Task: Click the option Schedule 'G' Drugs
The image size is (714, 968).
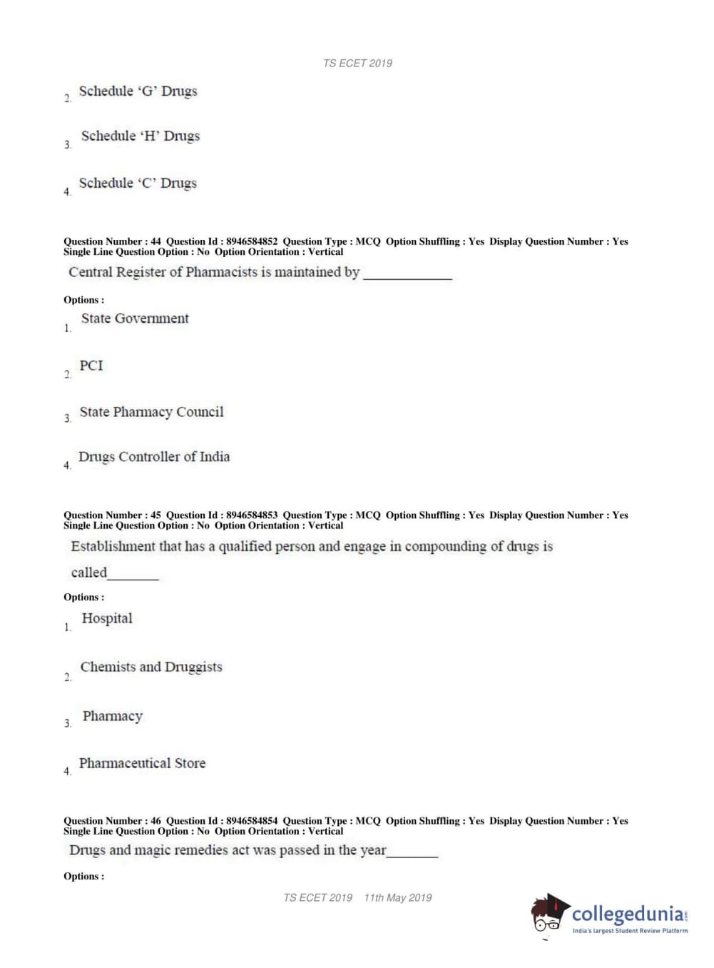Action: click(138, 91)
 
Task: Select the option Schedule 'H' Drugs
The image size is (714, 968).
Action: click(140, 136)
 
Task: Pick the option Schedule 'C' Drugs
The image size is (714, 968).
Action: click(138, 183)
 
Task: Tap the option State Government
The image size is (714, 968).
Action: click(135, 319)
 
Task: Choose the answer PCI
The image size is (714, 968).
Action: click(91, 365)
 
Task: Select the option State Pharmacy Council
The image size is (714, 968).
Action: click(151, 412)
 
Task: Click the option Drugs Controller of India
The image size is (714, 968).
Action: click(154, 457)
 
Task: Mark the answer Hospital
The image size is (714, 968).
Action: click(107, 618)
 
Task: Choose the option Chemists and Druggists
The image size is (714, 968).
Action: click(151, 667)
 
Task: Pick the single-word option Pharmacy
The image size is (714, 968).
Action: click(113, 716)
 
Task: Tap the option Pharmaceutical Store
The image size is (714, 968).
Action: click(142, 763)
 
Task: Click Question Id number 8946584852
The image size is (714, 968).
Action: click(252, 241)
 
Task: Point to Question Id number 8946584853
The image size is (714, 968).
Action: click(252, 515)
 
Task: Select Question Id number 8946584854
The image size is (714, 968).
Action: click(252, 821)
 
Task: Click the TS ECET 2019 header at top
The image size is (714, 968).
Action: click(357, 64)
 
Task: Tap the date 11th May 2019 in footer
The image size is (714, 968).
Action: click(398, 898)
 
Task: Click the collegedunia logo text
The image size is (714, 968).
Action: click(627, 914)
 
